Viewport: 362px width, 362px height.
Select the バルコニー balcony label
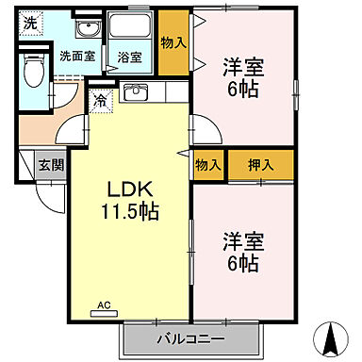coord(190,338)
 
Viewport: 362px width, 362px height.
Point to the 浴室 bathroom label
coord(128,57)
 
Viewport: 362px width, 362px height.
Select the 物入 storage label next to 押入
coord(208,165)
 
